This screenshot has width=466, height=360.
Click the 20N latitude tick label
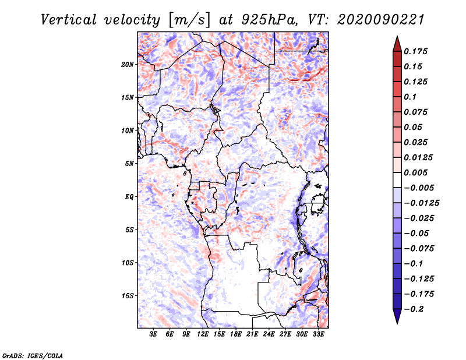(128, 64)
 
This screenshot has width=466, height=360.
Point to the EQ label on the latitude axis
(129, 196)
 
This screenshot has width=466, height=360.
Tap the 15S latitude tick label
(128, 295)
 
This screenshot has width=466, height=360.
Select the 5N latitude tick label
(129, 164)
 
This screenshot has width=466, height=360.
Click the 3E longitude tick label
(154, 334)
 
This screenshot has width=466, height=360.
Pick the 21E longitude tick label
(253, 334)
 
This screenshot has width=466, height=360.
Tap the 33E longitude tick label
(319, 334)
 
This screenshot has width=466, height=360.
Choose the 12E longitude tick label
(203, 334)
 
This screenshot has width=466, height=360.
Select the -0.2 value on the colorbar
(416, 309)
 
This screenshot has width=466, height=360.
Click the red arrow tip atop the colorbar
(397, 41)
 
